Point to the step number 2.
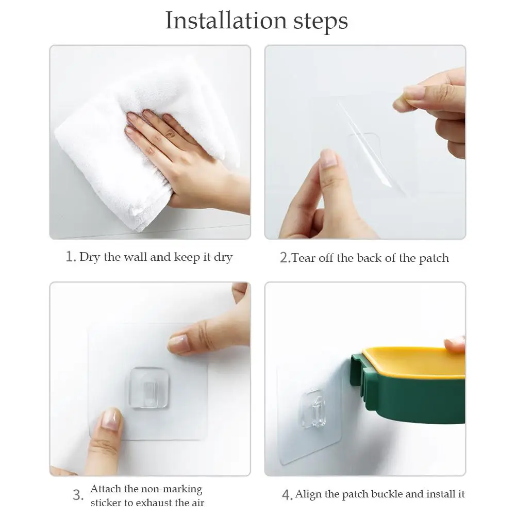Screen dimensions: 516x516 [x=285, y=258]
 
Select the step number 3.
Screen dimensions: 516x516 [x=77, y=496]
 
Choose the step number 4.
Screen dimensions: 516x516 [x=287, y=495]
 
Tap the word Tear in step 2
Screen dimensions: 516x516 [x=304, y=258]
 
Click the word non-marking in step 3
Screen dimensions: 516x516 [x=173, y=489]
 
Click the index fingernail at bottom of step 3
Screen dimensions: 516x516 [x=110, y=420]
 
